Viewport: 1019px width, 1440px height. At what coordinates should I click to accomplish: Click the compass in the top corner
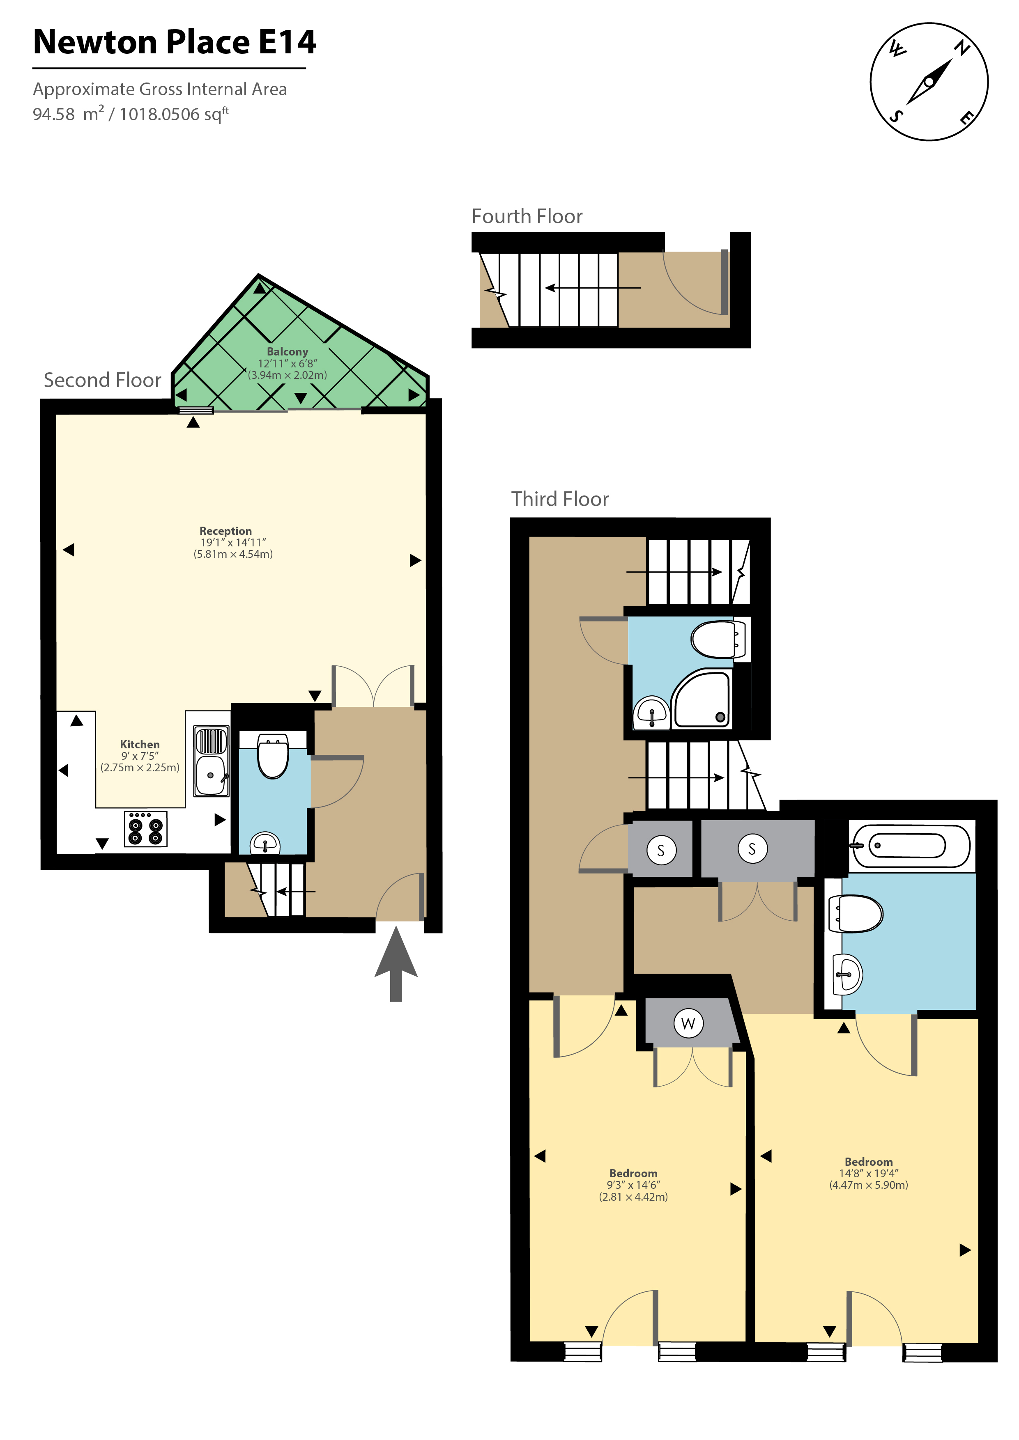tap(929, 82)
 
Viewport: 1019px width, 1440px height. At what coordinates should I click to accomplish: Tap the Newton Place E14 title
tap(175, 42)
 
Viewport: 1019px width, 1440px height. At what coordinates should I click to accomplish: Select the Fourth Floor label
tap(527, 216)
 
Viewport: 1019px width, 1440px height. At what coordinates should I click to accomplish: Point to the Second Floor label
tap(102, 380)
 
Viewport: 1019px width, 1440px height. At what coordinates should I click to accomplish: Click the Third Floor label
tap(560, 499)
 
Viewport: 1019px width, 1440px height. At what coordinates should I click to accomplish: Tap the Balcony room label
tap(288, 352)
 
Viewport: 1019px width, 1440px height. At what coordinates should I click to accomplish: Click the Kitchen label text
tap(140, 745)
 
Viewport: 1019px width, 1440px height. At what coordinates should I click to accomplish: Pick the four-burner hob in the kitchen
tap(145, 828)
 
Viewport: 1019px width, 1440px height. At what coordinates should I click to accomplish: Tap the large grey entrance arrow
tap(396, 964)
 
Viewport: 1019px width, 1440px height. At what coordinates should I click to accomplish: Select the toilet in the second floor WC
tap(273, 756)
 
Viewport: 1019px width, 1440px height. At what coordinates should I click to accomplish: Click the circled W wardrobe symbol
tap(688, 1023)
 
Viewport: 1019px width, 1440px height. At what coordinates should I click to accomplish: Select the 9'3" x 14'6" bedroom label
tap(633, 1185)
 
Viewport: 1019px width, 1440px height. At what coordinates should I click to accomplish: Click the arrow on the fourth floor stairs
tap(593, 288)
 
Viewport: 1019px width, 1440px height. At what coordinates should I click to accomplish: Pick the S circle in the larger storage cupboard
tap(752, 849)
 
